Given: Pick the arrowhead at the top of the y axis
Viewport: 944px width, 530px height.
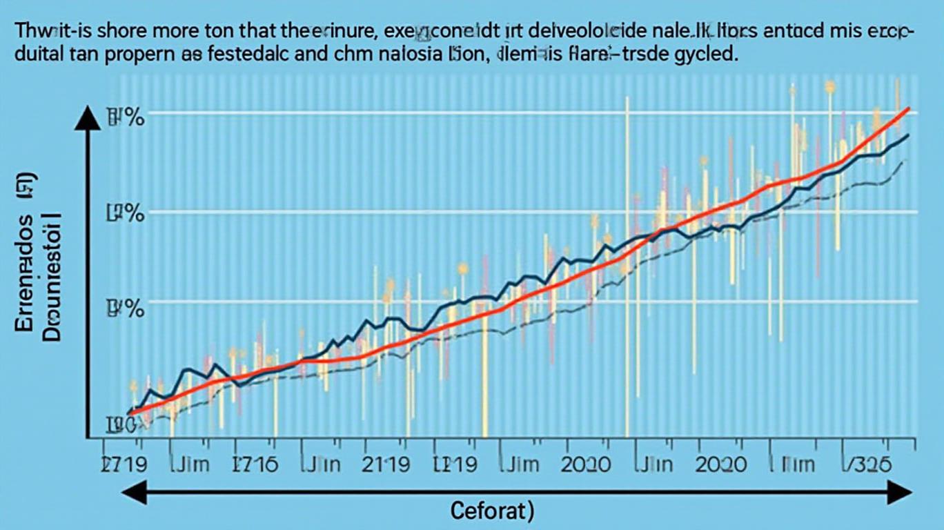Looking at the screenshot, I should click(88, 119).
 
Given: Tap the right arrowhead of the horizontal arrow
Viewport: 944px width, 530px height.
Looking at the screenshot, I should click(902, 493).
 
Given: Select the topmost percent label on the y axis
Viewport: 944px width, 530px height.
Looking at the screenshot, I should click(126, 117).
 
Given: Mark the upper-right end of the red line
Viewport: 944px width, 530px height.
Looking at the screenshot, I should click(909, 109).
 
